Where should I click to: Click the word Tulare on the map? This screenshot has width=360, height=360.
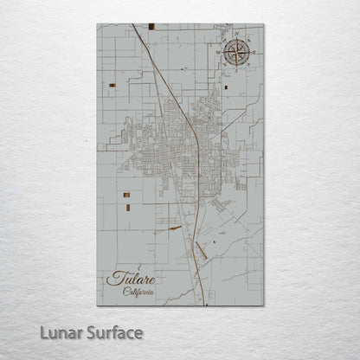point(132,279)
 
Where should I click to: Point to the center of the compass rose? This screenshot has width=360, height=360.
point(235,53)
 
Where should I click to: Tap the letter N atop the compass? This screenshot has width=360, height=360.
point(235,35)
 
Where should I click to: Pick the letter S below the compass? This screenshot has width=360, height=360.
point(235,71)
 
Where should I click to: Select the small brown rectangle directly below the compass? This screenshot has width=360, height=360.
point(226,87)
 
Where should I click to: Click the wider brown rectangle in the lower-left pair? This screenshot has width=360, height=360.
point(125,196)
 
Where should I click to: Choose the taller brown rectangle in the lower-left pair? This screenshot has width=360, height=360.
point(127,207)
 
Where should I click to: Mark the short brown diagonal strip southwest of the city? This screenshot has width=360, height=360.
point(174,228)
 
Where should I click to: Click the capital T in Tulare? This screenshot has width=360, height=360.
point(113,279)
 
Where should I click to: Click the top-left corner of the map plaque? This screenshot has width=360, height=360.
point(98,24)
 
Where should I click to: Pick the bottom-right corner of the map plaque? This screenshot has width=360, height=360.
point(263,305)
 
